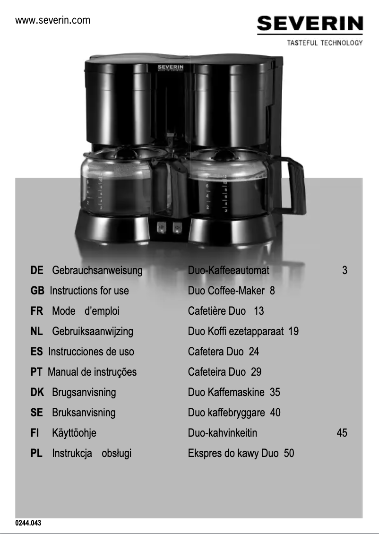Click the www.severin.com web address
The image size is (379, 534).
tap(52, 20)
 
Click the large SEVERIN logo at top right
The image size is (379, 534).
tap(310, 24)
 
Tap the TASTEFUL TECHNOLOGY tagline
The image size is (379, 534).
tap(325, 43)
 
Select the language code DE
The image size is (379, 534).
tap(37, 270)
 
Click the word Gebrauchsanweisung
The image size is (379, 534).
tap(97, 270)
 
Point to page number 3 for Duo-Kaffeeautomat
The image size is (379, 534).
tap(345, 270)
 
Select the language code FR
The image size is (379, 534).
tap(37, 311)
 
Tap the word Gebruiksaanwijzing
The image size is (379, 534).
tap(93, 331)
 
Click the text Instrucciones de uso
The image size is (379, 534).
tap(91, 352)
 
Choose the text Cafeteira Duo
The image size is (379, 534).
tap(217, 372)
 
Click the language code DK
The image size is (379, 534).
tap(37, 392)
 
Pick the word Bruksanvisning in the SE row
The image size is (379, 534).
tap(84, 413)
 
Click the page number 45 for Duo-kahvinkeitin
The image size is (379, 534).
tap(342, 433)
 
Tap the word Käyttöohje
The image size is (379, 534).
tap(74, 433)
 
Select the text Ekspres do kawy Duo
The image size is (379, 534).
tap(233, 453)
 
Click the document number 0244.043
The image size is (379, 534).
tap(28, 523)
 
